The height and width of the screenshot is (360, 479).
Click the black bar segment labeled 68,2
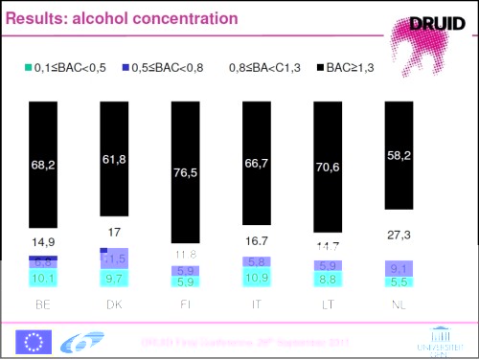click(44, 165)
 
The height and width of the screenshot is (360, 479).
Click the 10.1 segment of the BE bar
click(44, 279)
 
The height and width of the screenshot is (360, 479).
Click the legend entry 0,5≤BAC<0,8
click(169, 68)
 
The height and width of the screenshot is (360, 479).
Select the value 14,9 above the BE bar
click(44, 241)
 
